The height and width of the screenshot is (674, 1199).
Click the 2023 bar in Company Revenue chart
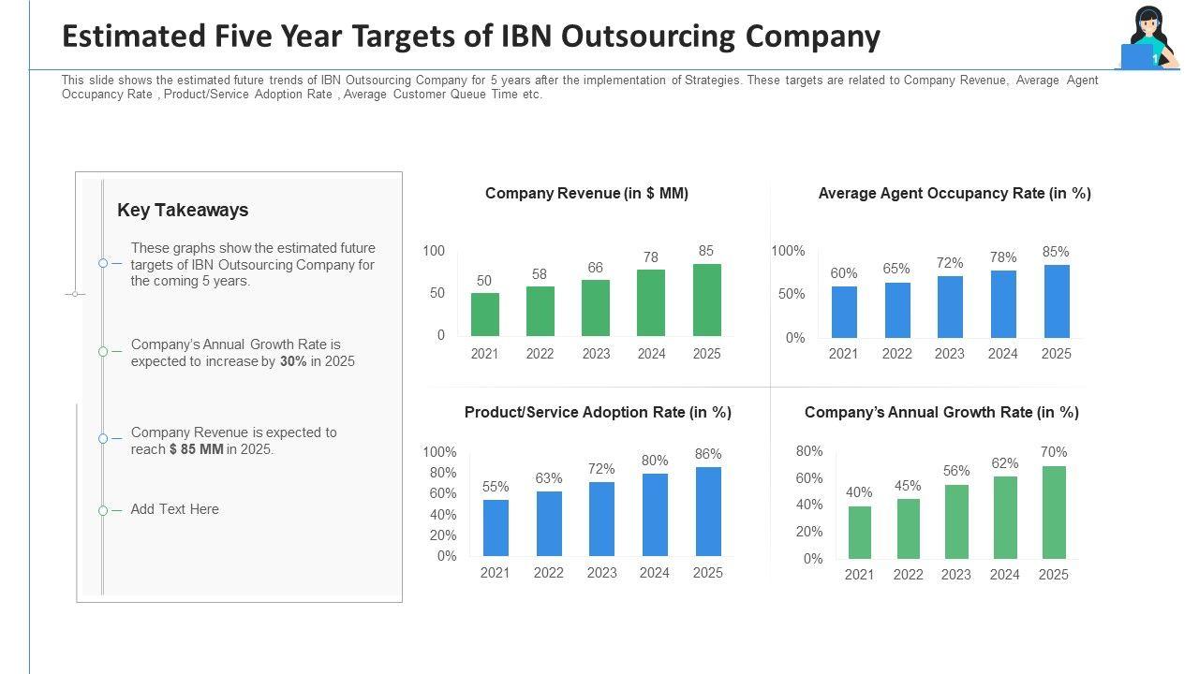[596, 308]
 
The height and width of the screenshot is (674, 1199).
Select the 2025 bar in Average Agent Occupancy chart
[1057, 301]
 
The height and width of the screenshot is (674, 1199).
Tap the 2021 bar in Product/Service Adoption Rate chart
[496, 528]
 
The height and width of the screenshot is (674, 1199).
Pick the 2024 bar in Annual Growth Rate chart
[1005, 518]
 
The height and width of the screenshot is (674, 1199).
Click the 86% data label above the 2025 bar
[708, 454]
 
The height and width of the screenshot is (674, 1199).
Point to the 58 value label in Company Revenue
[540, 274]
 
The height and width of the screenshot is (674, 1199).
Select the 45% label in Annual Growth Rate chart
[908, 486]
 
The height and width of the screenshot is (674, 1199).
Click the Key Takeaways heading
[183, 211]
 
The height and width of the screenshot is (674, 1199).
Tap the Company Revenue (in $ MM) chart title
[586, 194]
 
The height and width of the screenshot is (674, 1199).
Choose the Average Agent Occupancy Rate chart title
[955, 194]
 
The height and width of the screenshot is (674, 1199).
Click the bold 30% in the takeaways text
[293, 361]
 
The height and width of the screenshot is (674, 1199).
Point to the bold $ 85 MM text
[197, 449]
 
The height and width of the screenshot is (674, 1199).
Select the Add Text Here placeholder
[175, 509]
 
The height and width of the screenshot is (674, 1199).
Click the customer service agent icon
[1147, 39]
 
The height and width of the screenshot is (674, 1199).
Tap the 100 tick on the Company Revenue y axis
[434, 251]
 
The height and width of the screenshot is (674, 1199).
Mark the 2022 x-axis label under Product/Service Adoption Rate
[549, 573]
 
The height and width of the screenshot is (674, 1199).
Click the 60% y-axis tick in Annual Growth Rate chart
[809, 478]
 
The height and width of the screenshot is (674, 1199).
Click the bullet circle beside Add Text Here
[103, 511]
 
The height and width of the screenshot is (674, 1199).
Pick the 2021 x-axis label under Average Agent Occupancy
[843, 354]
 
